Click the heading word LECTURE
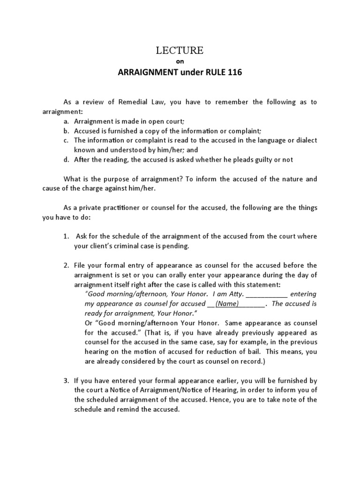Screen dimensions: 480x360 click(180, 51)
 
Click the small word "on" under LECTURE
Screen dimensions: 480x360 click(180, 62)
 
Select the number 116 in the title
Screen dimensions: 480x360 click(235, 74)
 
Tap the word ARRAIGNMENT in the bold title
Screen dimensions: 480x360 click(148, 74)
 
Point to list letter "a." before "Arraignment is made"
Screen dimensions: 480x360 click(67, 121)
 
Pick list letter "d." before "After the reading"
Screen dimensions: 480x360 click(67, 159)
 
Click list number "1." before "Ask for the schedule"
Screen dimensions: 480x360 click(67, 236)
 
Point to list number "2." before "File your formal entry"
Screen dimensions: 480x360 click(67, 265)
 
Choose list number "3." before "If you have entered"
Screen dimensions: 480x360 click(67, 380)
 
